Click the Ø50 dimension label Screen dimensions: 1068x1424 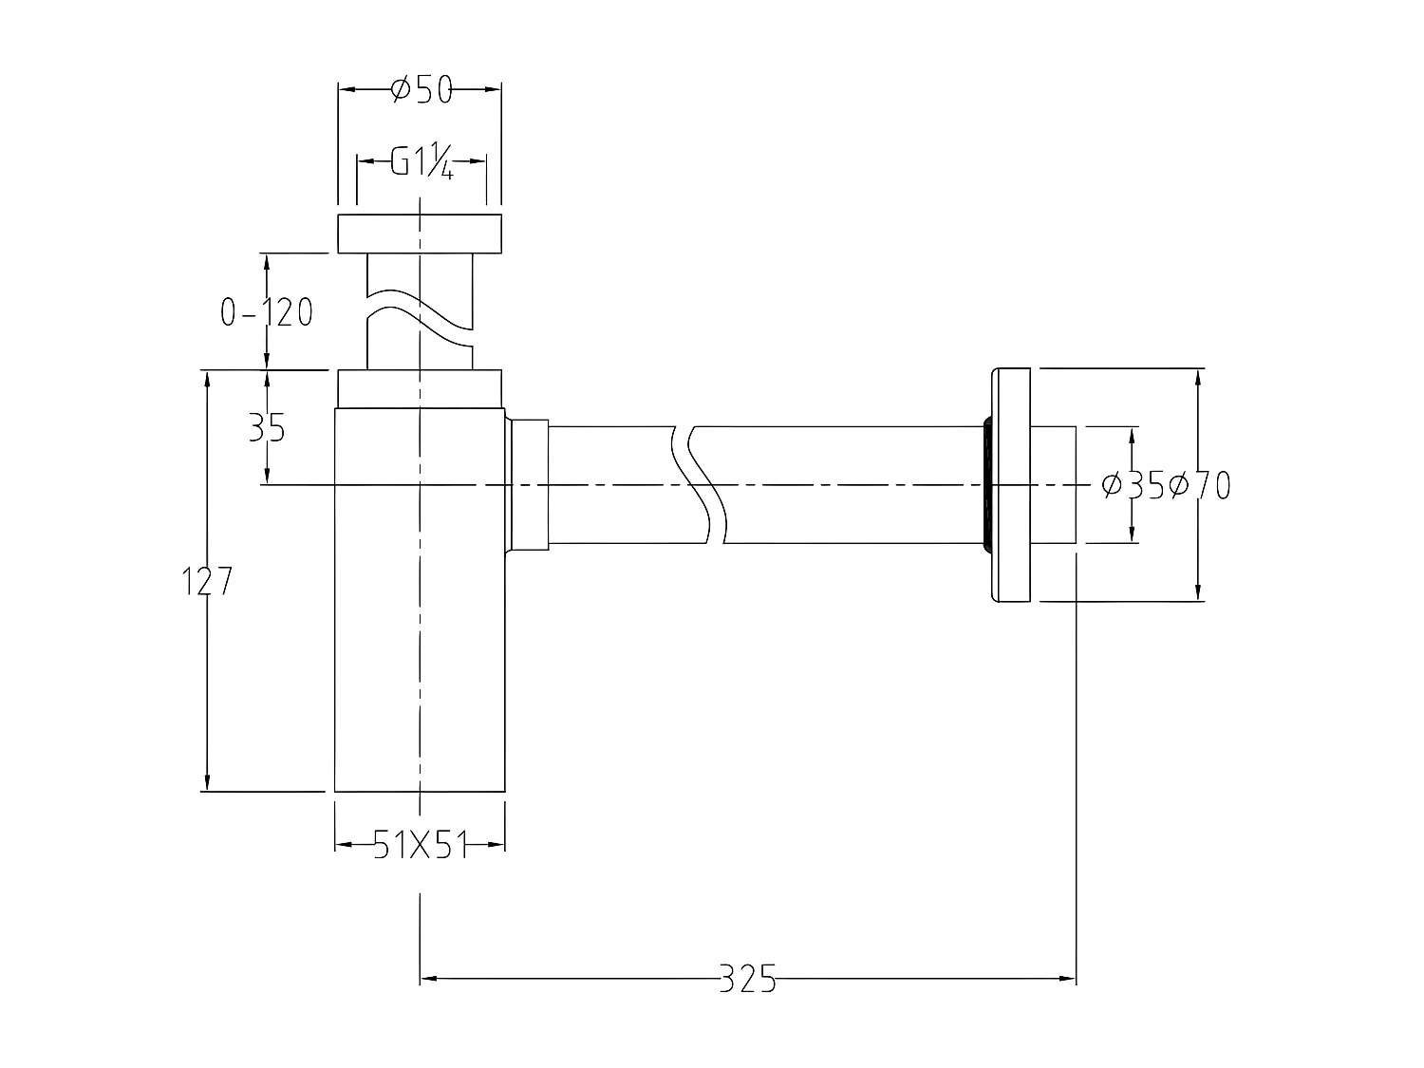[421, 90]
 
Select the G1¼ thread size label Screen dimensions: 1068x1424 [422, 162]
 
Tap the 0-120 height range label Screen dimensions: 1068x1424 [266, 311]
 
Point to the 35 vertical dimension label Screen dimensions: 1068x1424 [267, 428]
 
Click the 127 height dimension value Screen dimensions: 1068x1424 [207, 581]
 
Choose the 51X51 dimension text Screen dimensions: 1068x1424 [420, 844]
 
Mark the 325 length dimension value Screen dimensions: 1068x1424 [747, 978]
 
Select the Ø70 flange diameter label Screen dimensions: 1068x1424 [1200, 485]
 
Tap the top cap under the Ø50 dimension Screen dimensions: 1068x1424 [420, 234]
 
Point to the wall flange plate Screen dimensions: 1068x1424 [1010, 484]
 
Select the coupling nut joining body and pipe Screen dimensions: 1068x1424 [529, 484]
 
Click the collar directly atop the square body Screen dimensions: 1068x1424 [420, 388]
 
